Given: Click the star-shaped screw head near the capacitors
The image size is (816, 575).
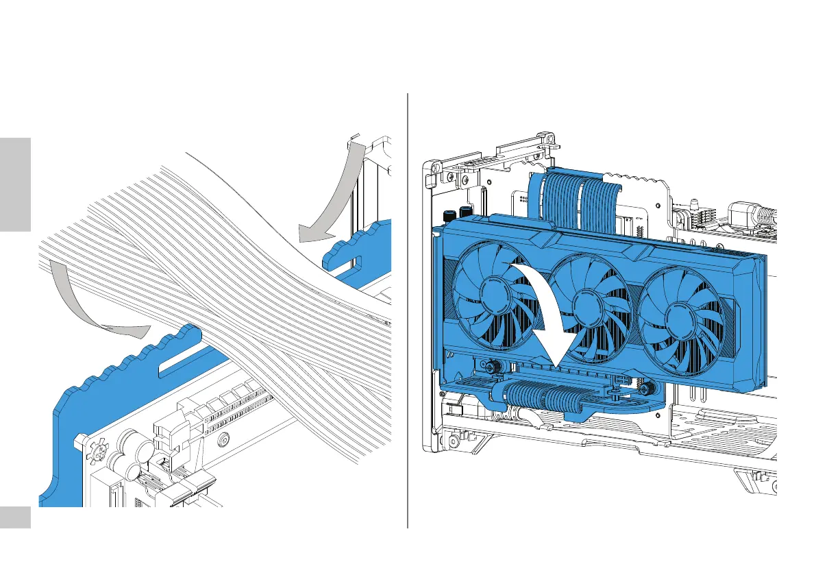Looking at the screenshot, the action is pyautogui.click(x=98, y=453).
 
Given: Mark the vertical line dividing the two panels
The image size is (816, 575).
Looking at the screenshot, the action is pyautogui.click(x=408, y=308).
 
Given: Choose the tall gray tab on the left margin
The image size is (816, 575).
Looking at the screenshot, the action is pyautogui.click(x=16, y=185).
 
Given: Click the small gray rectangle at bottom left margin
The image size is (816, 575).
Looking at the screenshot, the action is pyautogui.click(x=16, y=517).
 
